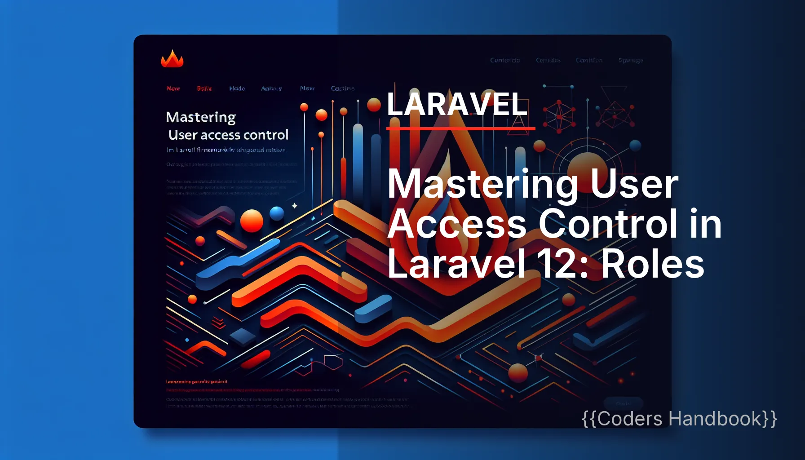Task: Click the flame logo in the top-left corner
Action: pyautogui.click(x=172, y=59)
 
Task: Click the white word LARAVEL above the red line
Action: pyautogui.click(x=457, y=104)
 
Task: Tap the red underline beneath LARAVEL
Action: pyautogui.click(x=460, y=129)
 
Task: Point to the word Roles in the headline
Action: pyautogui.click(x=652, y=264)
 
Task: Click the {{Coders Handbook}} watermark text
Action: pyautogui.click(x=679, y=419)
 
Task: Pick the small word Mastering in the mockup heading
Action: pyautogui.click(x=201, y=117)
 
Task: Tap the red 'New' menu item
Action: pyautogui.click(x=173, y=88)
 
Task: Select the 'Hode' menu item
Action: pyautogui.click(x=237, y=88)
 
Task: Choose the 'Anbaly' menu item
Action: pyautogui.click(x=271, y=88)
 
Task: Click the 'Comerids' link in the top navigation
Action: pyautogui.click(x=504, y=60)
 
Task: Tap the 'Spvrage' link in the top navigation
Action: pyautogui.click(x=630, y=60)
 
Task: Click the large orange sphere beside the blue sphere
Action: pyautogui.click(x=252, y=221)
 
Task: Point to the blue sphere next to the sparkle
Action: pyautogui.click(x=277, y=213)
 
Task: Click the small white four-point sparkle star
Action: pyautogui.click(x=295, y=206)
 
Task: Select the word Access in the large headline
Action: pyautogui.click(x=457, y=224)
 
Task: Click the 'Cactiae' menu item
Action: pyautogui.click(x=342, y=88)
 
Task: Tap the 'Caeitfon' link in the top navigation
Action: pyautogui.click(x=589, y=60)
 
